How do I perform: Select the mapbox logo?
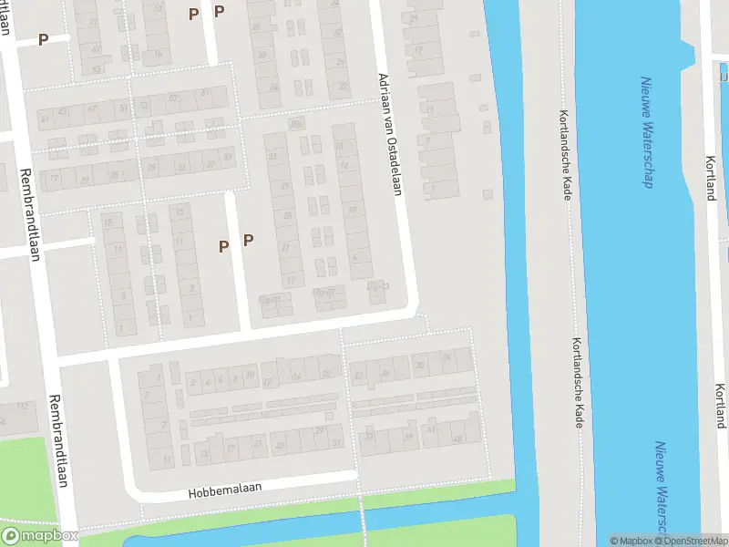coord(40,536)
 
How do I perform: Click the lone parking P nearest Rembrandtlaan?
coord(43,40)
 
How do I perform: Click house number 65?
coord(96,68)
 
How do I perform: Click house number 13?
coord(203,453)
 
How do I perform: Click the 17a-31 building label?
coord(270,298)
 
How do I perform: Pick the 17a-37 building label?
coord(324,293)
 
